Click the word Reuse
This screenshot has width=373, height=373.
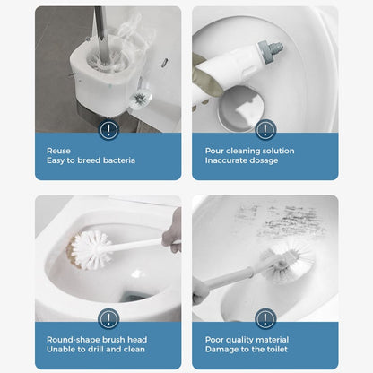coord(58,151)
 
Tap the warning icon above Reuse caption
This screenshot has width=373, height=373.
coord(108,130)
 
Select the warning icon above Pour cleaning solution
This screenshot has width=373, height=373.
coord(265,130)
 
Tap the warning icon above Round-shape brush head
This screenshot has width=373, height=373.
coord(108,318)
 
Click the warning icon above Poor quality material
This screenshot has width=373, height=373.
coord(265,318)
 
